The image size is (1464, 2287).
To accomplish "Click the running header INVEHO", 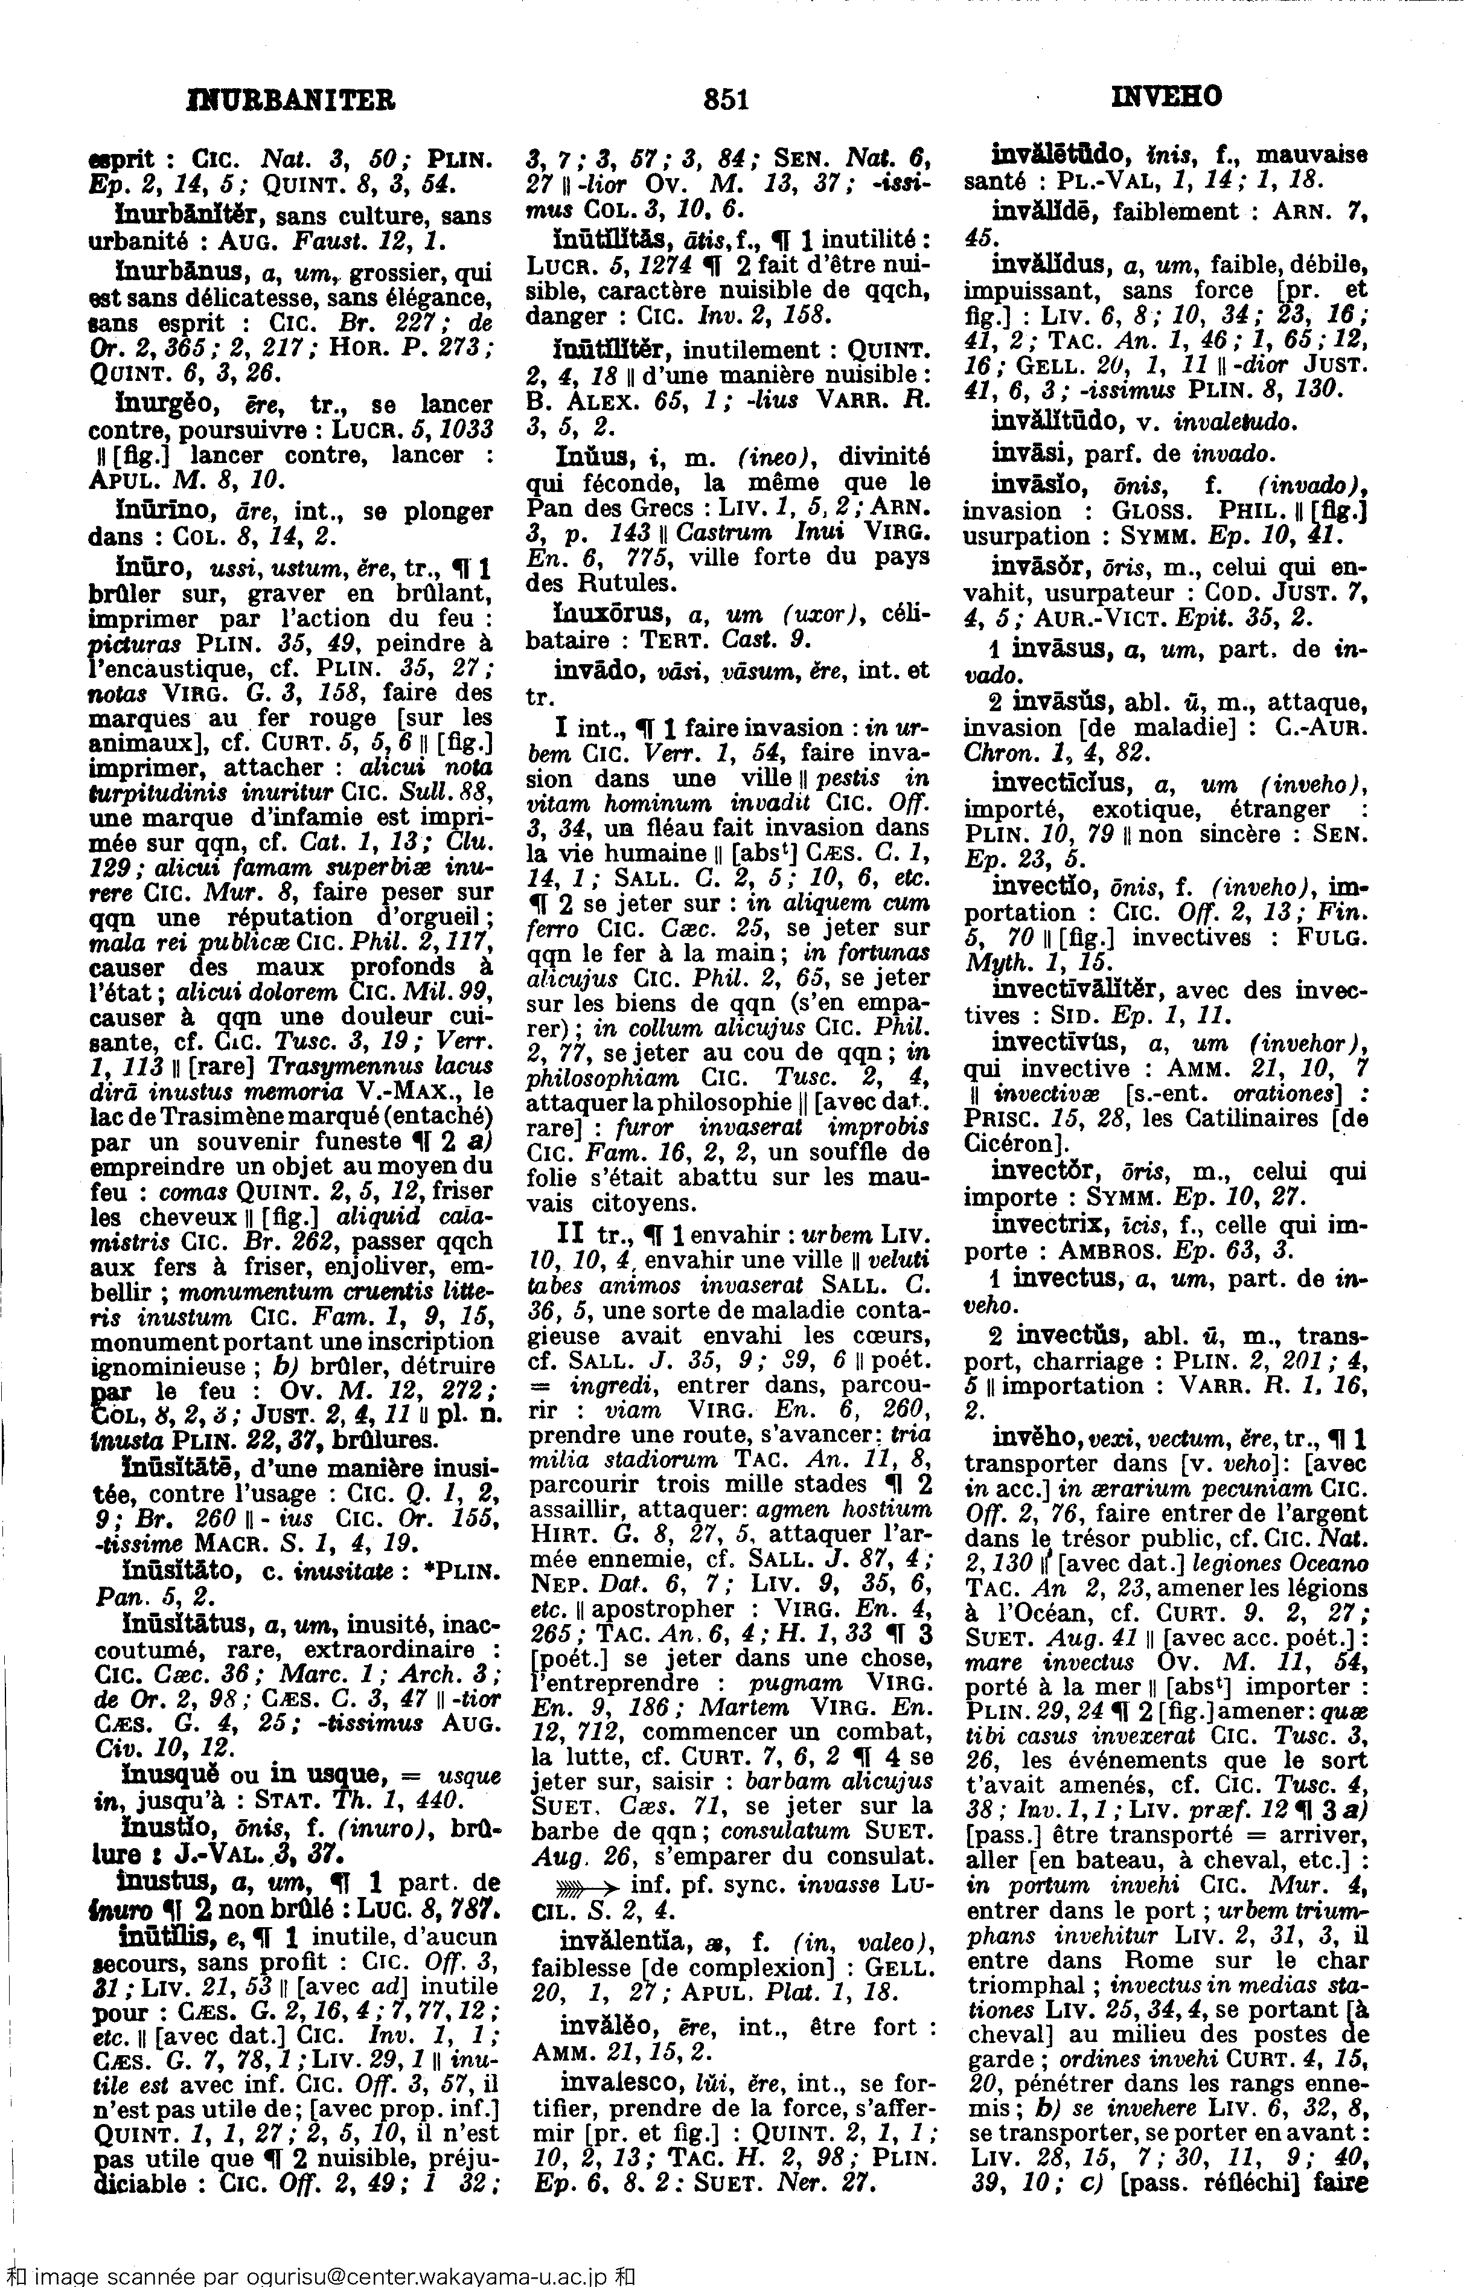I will point(1166,97).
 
